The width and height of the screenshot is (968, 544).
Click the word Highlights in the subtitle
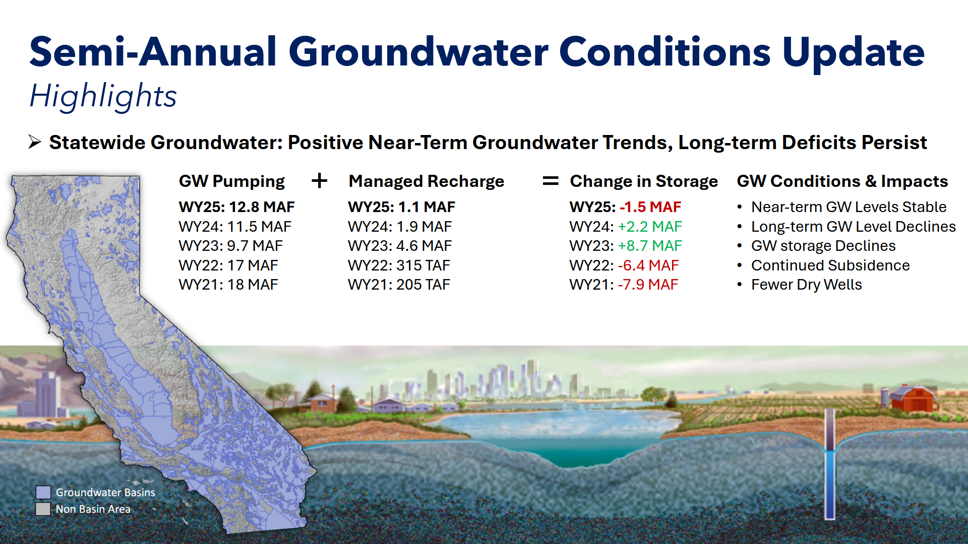pyautogui.click(x=103, y=96)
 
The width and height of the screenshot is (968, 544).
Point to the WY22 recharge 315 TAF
pyautogui.click(x=423, y=265)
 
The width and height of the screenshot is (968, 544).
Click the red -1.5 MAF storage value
pyautogui.click(x=650, y=207)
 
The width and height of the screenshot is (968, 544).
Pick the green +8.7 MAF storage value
pyautogui.click(x=650, y=246)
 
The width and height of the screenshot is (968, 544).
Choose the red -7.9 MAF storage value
pyautogui.click(x=648, y=285)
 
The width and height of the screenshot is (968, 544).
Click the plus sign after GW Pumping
pyautogui.click(x=320, y=180)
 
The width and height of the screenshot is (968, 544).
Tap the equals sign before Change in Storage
pyautogui.click(x=551, y=180)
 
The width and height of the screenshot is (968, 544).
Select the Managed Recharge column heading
pyautogui.click(x=427, y=181)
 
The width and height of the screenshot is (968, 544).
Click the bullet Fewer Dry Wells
pyautogui.click(x=807, y=285)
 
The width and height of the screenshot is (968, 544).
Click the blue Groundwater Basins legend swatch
pyautogui.click(x=43, y=493)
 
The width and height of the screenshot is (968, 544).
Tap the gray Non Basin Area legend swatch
pyautogui.click(x=43, y=509)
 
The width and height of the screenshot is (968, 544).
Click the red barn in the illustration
pyautogui.click(x=913, y=398)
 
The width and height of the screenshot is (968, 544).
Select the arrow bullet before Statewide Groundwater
pyautogui.click(x=35, y=143)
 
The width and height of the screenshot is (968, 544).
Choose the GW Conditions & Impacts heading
pyautogui.click(x=842, y=181)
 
